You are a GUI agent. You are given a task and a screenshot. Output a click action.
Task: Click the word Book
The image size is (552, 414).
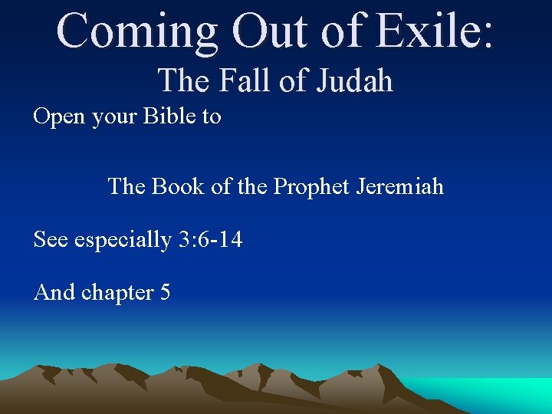[x=177, y=186]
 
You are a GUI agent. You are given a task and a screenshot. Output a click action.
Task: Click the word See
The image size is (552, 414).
[x=51, y=240]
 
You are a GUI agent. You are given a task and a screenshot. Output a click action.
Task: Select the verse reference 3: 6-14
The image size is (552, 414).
[x=210, y=240]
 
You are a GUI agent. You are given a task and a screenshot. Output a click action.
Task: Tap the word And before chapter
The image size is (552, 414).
[x=54, y=293]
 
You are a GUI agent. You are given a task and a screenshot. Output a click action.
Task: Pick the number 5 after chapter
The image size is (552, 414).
[x=165, y=293]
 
